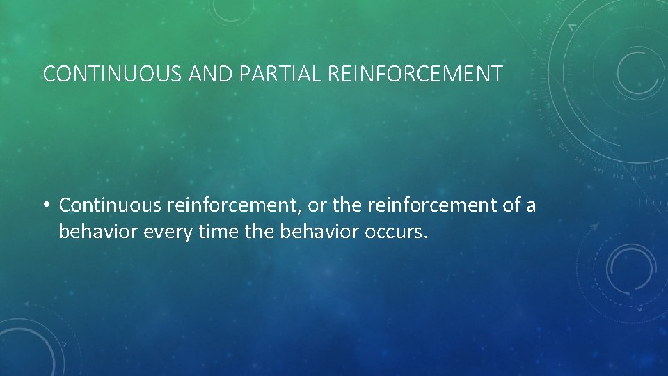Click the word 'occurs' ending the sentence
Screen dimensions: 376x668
click(393, 232)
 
